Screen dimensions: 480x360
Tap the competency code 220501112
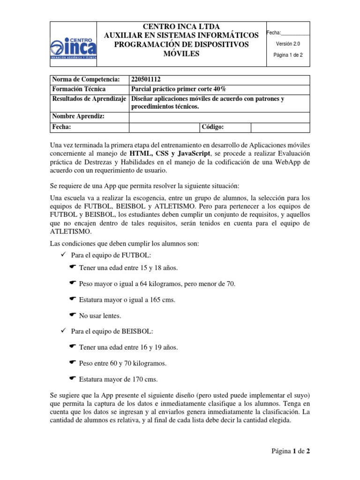pos(148,80)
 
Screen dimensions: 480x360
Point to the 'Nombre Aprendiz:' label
pos(78,117)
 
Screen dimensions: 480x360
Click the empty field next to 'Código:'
pos(280,127)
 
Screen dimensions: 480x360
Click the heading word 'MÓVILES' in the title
pos(181,54)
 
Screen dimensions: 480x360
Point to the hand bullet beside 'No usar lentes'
pos(72,315)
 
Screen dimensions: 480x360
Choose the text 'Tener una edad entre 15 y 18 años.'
pos(128,268)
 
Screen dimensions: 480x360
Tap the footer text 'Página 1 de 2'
pos(291,451)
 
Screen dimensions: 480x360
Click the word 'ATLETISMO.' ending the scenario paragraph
pos(71,232)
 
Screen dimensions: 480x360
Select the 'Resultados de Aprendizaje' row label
pos(88,98)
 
